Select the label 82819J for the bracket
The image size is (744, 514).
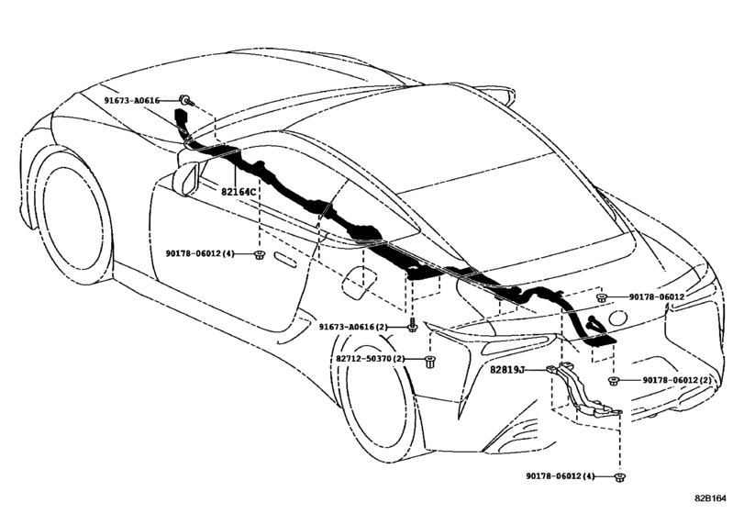click(x=506, y=369)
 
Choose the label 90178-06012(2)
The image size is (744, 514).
click(x=677, y=380)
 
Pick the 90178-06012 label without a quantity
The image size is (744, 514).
click(x=658, y=297)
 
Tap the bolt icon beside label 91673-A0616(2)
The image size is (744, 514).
click(x=413, y=326)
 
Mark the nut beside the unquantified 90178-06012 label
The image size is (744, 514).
click(x=602, y=297)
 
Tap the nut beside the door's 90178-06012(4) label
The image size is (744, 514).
click(x=260, y=253)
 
